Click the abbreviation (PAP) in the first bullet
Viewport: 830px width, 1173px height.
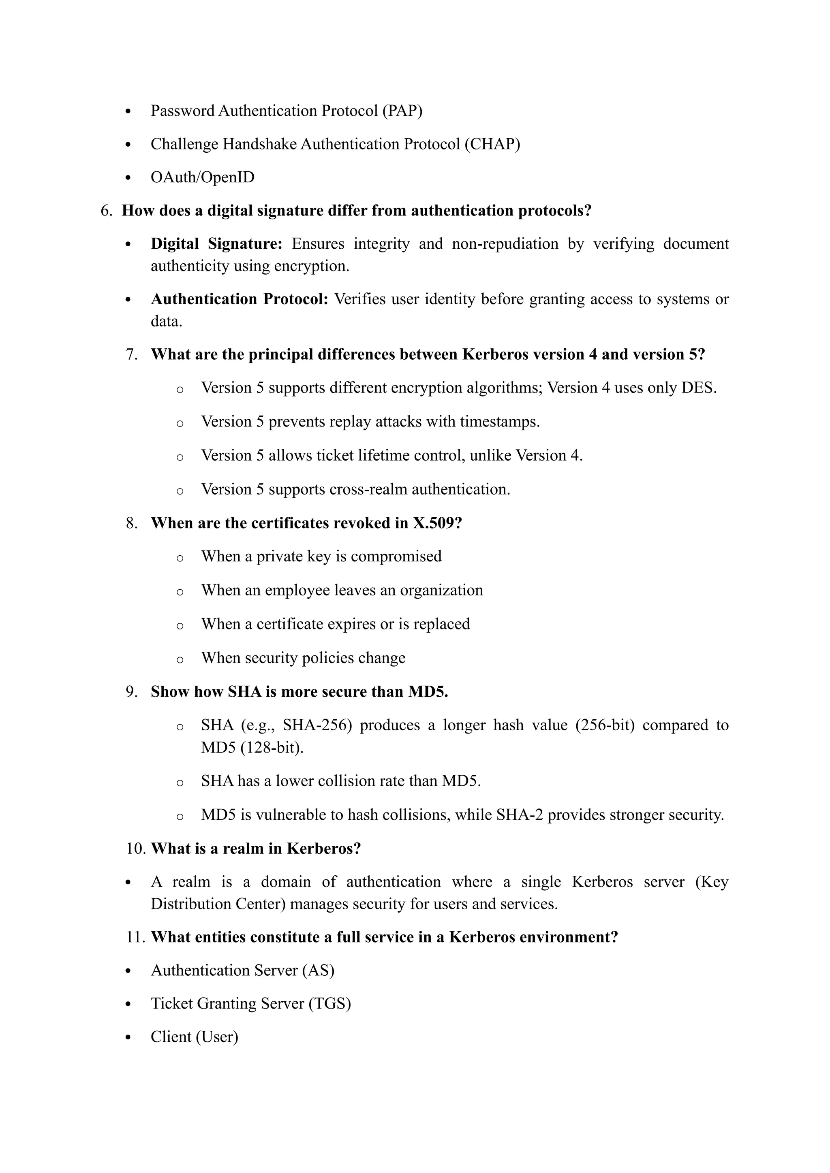click(x=402, y=111)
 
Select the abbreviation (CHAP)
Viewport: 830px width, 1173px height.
click(x=492, y=144)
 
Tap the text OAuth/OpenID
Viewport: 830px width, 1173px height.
click(x=202, y=177)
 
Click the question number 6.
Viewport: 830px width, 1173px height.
click(x=106, y=211)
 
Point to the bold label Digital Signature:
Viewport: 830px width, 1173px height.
click(x=216, y=244)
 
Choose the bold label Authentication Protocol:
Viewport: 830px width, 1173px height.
click(x=239, y=299)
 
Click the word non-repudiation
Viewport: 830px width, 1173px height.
click(x=505, y=244)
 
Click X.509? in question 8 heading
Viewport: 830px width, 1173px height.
click(x=437, y=523)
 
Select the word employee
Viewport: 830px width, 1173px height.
click(x=295, y=590)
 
